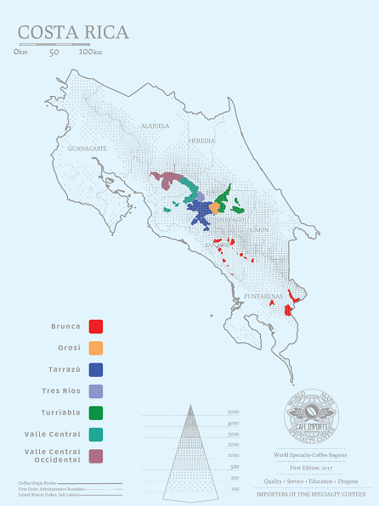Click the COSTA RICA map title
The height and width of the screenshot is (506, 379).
[x=73, y=33]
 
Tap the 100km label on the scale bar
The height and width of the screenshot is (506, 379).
[x=90, y=53]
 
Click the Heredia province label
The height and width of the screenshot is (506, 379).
[x=202, y=140]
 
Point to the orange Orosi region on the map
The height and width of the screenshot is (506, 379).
[x=214, y=209]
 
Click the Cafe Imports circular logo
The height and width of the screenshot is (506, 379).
[x=310, y=416]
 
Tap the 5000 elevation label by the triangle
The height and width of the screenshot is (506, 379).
[x=233, y=413]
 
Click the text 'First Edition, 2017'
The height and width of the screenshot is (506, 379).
[x=310, y=468]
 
